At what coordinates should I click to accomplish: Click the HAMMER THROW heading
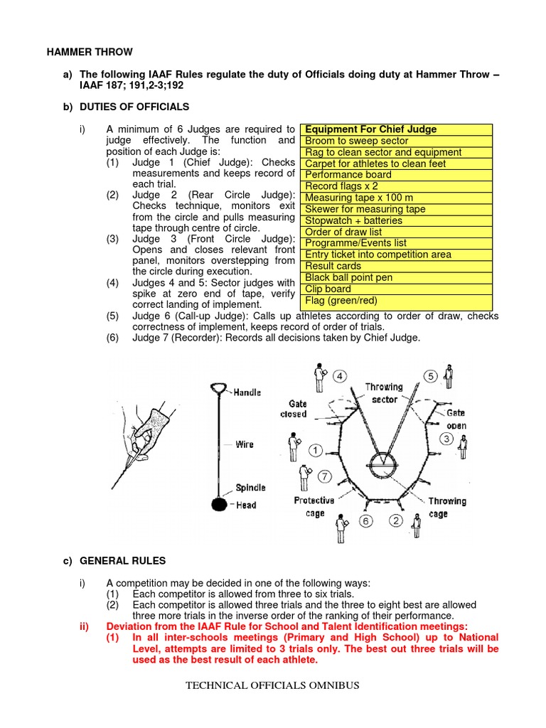[x=90, y=52]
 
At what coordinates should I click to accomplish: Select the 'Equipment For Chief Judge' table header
[x=370, y=129]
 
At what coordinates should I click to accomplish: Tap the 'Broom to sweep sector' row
[x=356, y=141]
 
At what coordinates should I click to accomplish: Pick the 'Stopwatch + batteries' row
[x=353, y=220]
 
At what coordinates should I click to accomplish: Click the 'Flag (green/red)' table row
[x=341, y=300]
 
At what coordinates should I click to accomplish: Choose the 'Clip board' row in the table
[x=328, y=289]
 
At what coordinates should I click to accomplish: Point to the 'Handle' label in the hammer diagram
[x=247, y=392]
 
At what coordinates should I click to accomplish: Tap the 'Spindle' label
[x=250, y=488]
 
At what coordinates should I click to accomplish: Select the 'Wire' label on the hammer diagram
[x=245, y=444]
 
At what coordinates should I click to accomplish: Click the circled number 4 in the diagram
[x=341, y=376]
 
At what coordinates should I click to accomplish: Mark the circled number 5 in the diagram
[x=431, y=376]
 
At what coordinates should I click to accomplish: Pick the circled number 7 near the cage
[x=325, y=476]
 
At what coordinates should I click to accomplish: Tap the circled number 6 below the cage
[x=366, y=521]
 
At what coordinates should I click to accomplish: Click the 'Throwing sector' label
[x=383, y=393]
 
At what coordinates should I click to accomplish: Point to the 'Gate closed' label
[x=294, y=409]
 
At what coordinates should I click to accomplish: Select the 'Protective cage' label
[x=314, y=507]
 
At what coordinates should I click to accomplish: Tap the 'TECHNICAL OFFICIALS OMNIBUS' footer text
[x=272, y=685]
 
